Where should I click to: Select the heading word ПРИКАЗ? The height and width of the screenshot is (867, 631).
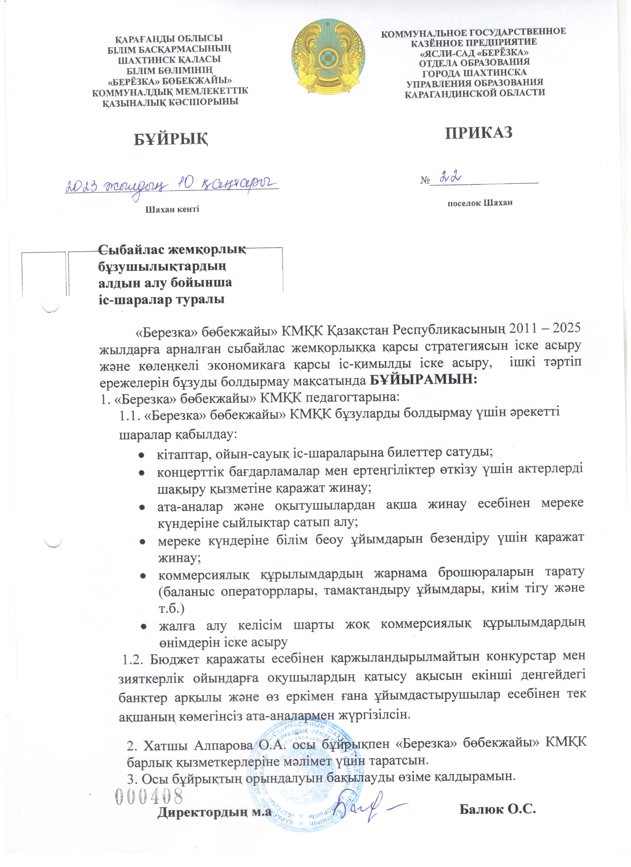point(479,132)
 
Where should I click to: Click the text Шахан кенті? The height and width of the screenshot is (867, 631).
point(172,209)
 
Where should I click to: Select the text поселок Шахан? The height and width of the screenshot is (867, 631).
point(480,203)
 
